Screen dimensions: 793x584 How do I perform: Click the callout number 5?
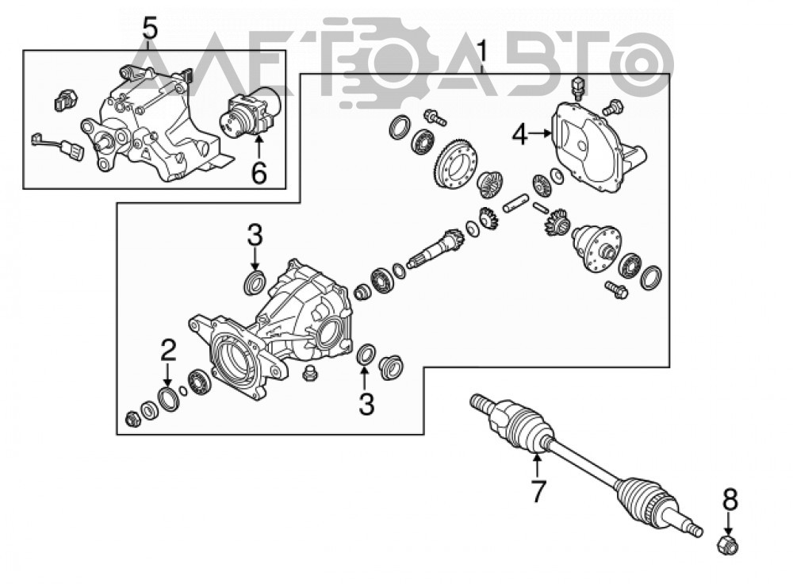(150, 29)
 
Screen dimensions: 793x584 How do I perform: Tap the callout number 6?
(259, 174)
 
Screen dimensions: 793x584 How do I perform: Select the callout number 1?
(483, 52)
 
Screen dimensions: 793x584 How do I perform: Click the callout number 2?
(168, 350)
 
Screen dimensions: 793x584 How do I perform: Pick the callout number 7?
(537, 491)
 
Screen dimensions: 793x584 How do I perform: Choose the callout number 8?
(730, 500)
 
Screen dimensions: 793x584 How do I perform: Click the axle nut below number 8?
(727, 544)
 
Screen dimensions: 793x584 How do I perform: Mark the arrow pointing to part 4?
(541, 133)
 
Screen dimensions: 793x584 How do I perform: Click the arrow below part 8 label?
(728, 523)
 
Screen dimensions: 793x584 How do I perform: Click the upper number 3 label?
(255, 236)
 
